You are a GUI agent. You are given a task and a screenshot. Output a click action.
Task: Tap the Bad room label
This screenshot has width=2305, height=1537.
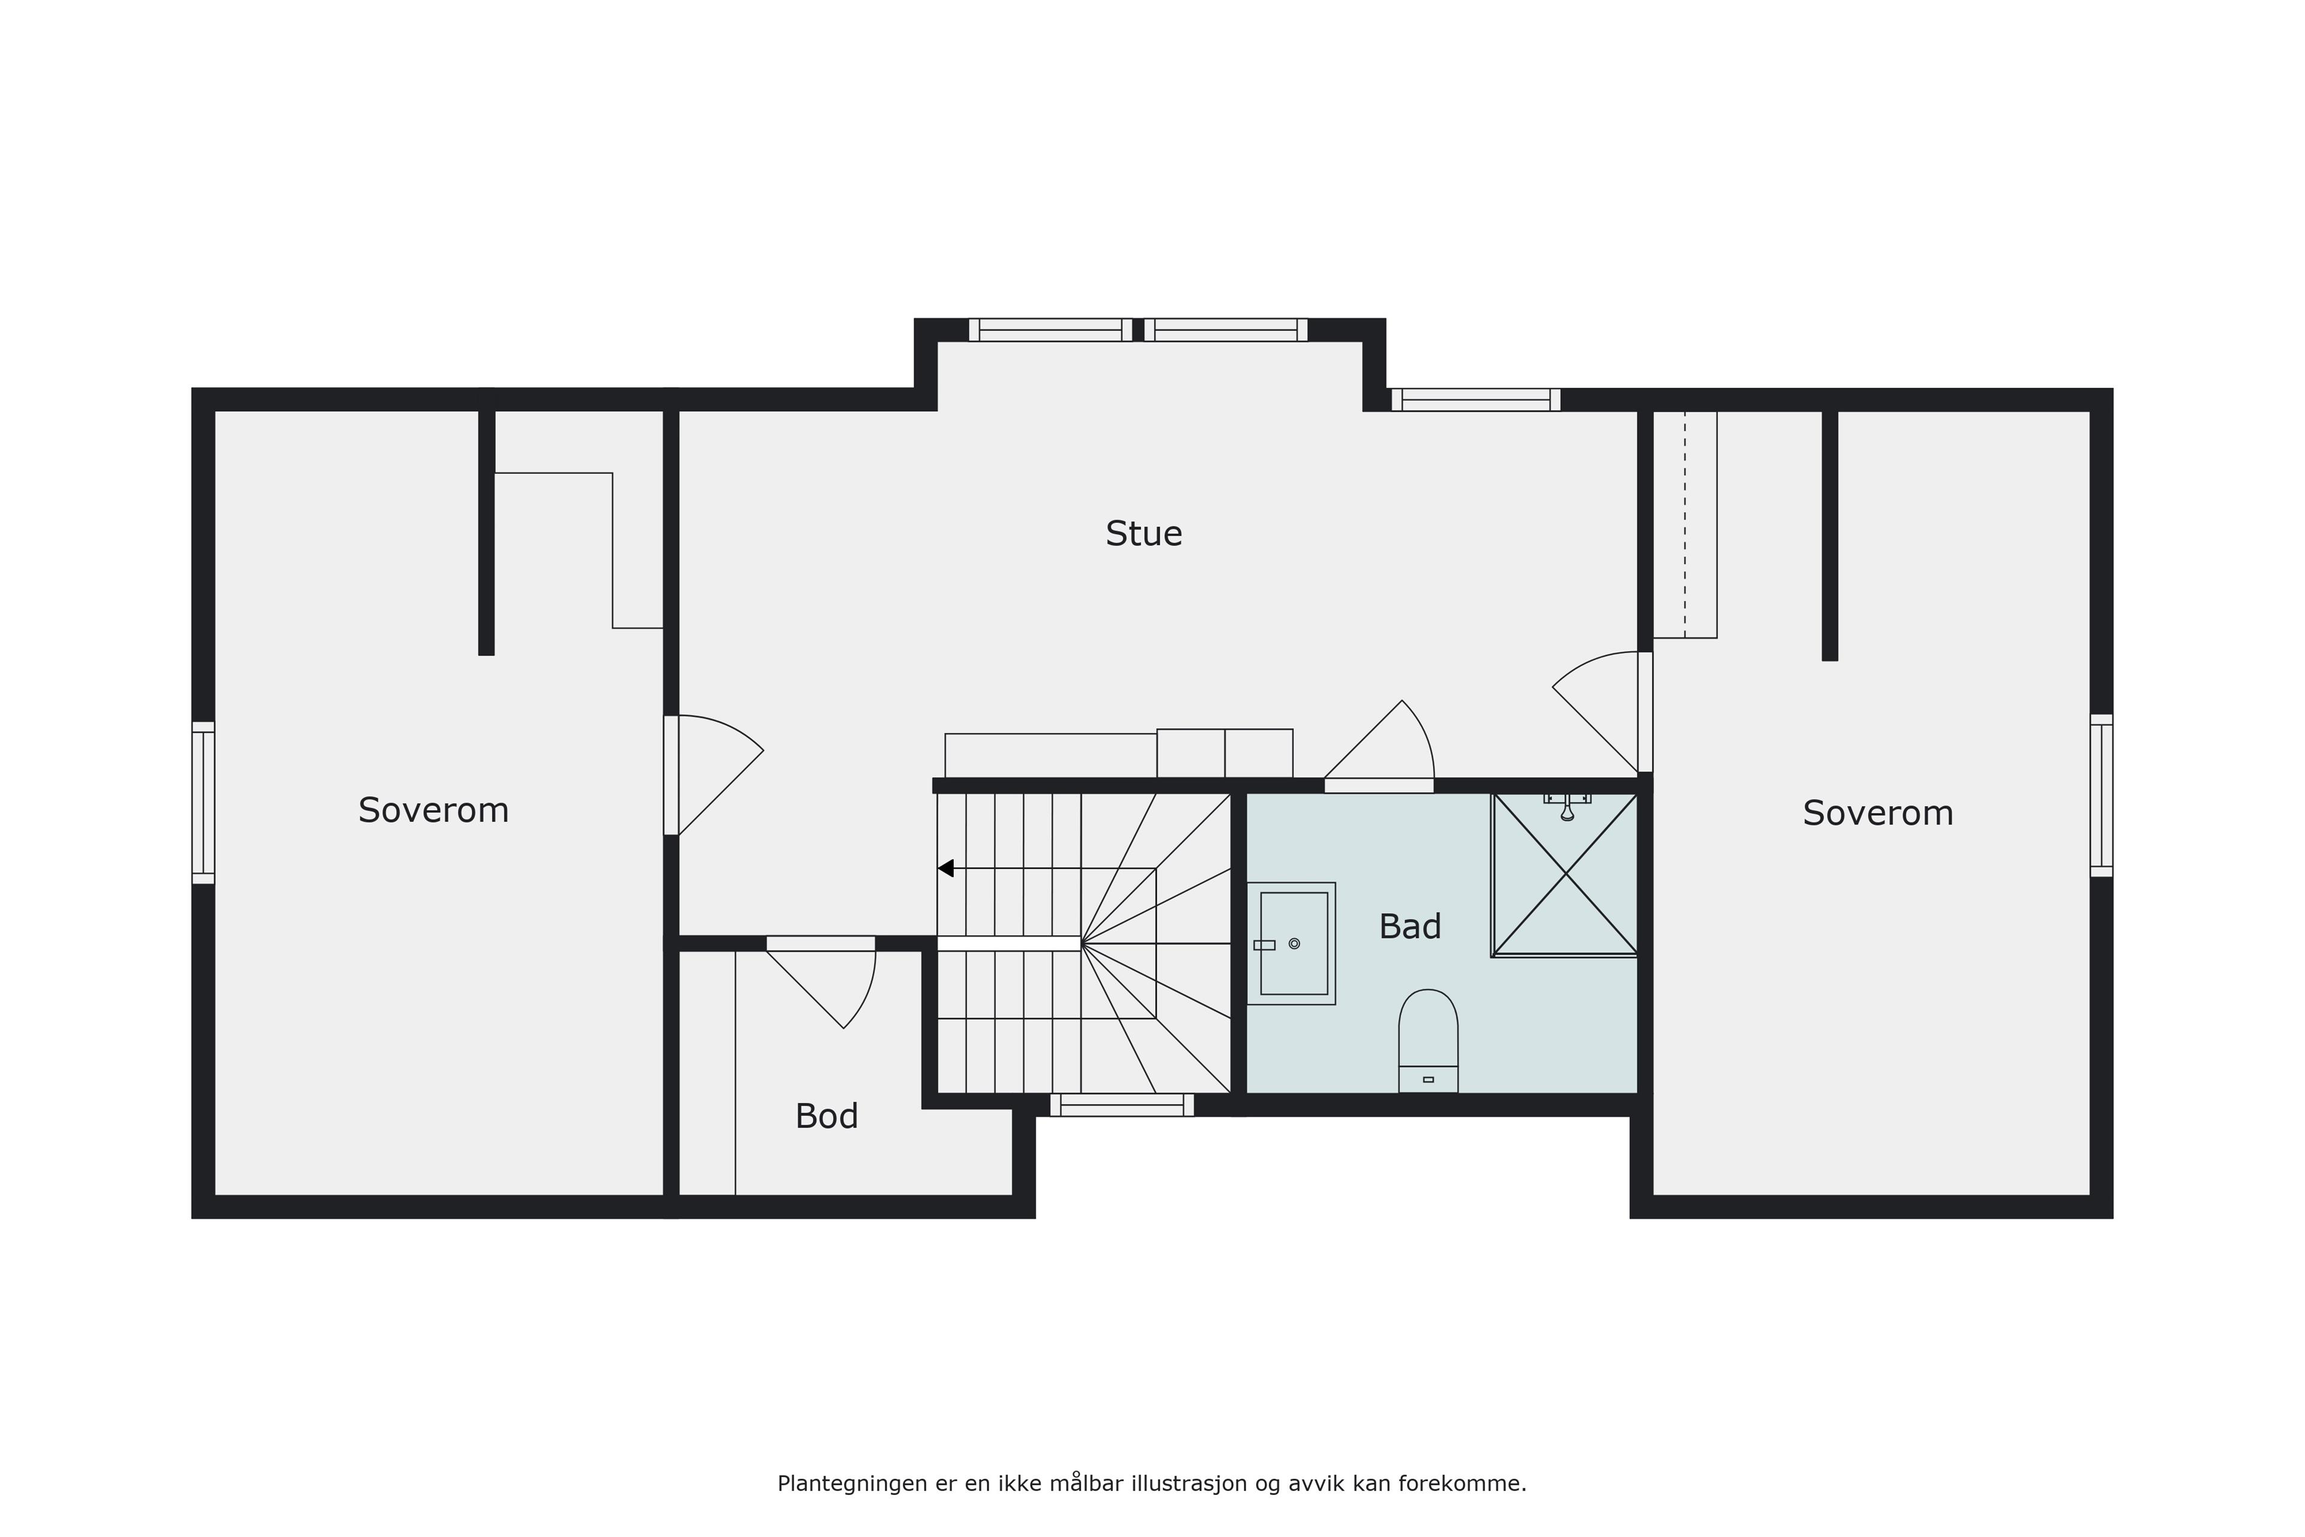(x=1409, y=926)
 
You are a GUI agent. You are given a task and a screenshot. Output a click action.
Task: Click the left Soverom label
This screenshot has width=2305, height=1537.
(x=433, y=811)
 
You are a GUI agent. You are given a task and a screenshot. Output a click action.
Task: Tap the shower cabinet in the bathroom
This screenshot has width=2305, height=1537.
(x=1565, y=874)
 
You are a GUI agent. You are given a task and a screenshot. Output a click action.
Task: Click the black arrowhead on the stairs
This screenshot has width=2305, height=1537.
(x=946, y=869)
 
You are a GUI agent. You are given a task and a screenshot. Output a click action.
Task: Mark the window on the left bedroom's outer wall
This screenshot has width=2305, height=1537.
(x=203, y=803)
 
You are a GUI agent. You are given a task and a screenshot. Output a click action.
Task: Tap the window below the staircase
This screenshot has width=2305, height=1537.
(x=1122, y=1105)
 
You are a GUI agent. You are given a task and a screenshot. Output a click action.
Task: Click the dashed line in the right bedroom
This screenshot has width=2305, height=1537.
(x=1686, y=524)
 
